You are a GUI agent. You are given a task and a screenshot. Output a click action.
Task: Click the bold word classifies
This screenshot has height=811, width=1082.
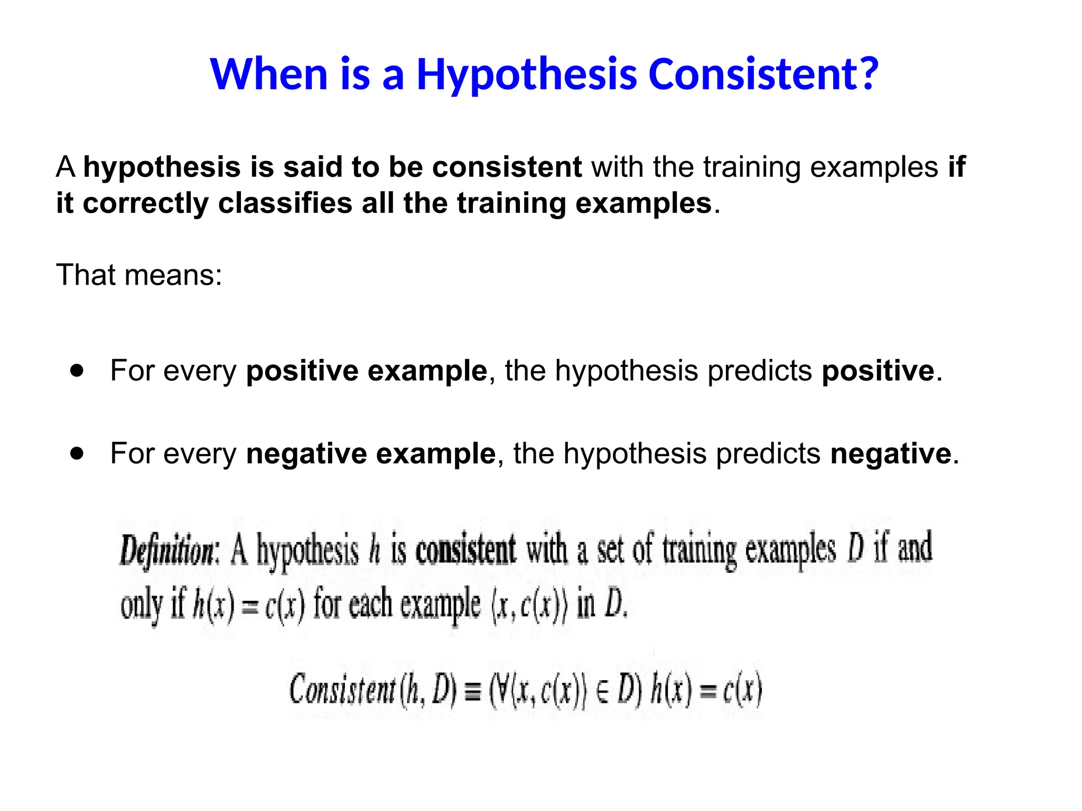(x=285, y=204)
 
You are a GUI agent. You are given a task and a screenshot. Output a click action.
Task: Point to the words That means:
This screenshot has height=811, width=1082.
(x=139, y=275)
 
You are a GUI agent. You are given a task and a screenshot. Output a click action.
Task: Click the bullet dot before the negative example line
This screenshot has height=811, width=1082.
(x=77, y=453)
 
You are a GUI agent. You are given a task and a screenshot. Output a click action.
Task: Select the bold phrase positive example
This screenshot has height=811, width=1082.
(x=366, y=371)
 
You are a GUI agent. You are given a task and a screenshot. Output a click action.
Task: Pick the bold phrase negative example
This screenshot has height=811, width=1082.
(x=370, y=454)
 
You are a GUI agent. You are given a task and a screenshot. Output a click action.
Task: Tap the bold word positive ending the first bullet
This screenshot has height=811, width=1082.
(x=878, y=371)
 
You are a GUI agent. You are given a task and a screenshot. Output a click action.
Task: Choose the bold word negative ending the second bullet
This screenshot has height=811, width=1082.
(x=890, y=454)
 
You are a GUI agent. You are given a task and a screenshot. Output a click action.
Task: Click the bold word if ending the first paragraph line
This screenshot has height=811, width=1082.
(x=957, y=167)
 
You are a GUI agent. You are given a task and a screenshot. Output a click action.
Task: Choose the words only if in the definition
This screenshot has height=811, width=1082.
(x=153, y=606)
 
